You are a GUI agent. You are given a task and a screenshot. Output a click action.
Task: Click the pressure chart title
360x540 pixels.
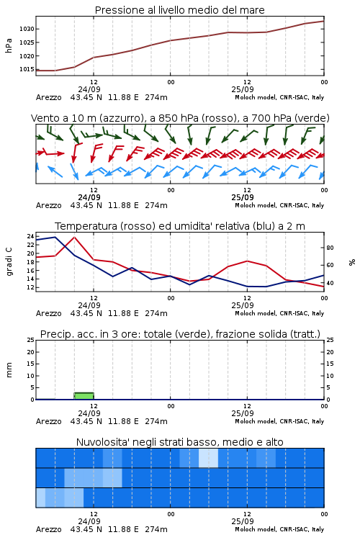point(180,10)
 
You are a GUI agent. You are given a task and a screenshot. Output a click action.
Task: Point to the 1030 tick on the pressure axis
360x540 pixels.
point(27,29)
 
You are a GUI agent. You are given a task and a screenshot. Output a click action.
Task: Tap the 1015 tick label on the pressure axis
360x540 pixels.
point(27,69)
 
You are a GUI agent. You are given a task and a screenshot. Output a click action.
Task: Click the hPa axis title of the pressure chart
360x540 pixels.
point(9,45)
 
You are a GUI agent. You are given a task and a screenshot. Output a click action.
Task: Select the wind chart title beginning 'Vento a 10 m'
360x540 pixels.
point(180,118)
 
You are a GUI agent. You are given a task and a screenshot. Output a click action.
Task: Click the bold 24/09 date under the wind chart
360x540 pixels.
point(89,197)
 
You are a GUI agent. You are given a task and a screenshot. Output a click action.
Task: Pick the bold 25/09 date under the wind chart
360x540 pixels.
point(243,197)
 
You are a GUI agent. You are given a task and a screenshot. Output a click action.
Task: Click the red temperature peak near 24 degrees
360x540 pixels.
point(74,238)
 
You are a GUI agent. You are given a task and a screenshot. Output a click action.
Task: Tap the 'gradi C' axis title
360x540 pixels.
point(9,261)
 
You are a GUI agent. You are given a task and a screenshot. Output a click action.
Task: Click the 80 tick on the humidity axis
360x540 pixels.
point(330,248)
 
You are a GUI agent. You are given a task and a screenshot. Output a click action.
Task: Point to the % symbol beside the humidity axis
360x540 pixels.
point(352,262)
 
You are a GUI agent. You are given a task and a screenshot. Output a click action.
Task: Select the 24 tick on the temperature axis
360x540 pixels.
point(31,236)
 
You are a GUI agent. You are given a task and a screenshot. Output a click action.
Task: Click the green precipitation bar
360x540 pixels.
point(84,396)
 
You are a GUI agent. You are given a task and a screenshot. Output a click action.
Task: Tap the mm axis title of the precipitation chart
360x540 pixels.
point(9,370)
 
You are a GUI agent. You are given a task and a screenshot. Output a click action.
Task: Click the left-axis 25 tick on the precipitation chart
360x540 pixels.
point(31,340)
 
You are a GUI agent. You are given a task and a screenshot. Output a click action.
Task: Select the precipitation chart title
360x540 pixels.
point(180,334)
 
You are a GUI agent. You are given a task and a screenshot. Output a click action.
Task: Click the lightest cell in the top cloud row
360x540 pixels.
point(208,458)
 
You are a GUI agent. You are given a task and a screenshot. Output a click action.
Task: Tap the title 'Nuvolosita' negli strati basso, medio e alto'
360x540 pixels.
point(180,442)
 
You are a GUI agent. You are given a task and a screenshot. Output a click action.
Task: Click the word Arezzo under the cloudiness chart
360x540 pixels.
point(48,529)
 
